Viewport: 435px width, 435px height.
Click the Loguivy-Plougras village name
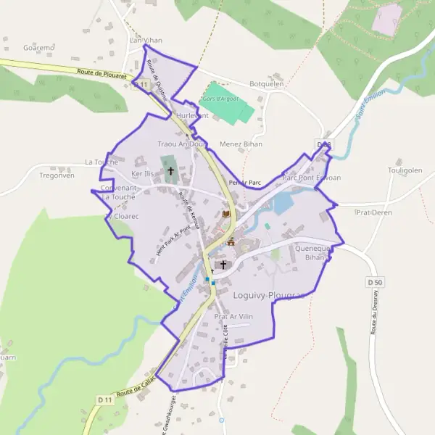267,295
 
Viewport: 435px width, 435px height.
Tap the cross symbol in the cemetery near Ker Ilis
171,171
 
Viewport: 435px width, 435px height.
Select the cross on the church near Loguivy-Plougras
223,265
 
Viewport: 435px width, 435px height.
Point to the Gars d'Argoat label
220,98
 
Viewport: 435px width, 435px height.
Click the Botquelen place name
266,83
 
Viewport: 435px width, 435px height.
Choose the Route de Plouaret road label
101,73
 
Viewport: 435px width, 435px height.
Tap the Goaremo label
39,48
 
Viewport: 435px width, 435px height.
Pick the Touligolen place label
405,170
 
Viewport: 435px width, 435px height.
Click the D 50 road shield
374,281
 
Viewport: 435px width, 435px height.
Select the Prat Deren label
374,212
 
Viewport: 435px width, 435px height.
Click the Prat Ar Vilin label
233,317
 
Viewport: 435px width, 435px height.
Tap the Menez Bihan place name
241,144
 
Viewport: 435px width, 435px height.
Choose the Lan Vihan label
145,40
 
